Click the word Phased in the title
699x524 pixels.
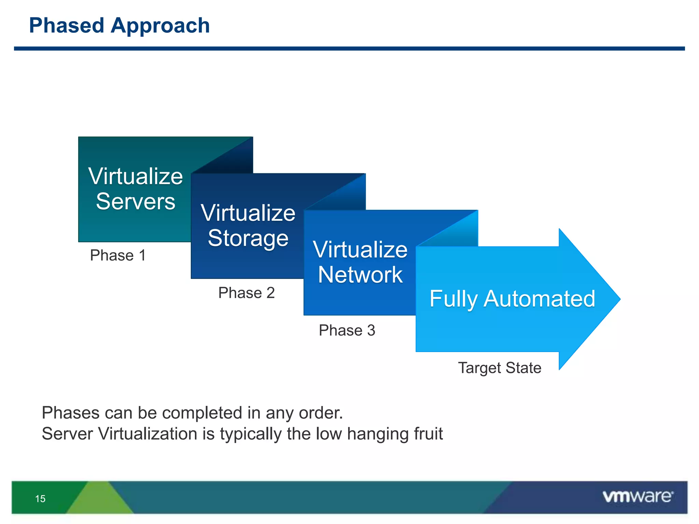(67, 26)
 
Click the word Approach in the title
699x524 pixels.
(160, 26)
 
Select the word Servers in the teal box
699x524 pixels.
(135, 201)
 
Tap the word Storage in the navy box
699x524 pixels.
(248, 238)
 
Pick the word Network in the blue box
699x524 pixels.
(360, 275)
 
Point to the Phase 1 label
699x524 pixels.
(118, 255)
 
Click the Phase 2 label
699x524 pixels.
(246, 293)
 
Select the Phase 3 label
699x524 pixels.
(347, 330)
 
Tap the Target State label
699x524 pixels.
(500, 368)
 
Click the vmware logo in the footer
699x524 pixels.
(638, 496)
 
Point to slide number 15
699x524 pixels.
(40, 499)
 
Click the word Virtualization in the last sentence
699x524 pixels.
(147, 434)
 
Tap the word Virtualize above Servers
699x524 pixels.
(135, 176)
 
